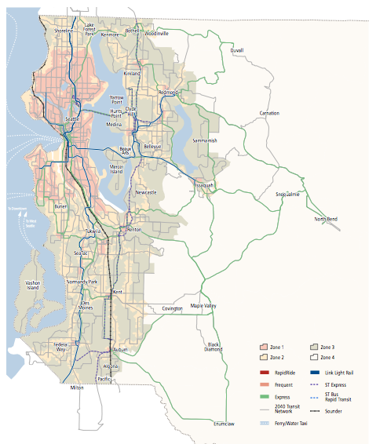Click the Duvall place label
click(x=236, y=49)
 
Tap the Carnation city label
click(x=269, y=113)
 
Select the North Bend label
click(x=326, y=219)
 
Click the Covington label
click(x=172, y=309)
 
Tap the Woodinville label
click(x=157, y=34)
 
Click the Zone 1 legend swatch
click(x=265, y=346)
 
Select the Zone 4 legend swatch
click(x=314, y=357)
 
